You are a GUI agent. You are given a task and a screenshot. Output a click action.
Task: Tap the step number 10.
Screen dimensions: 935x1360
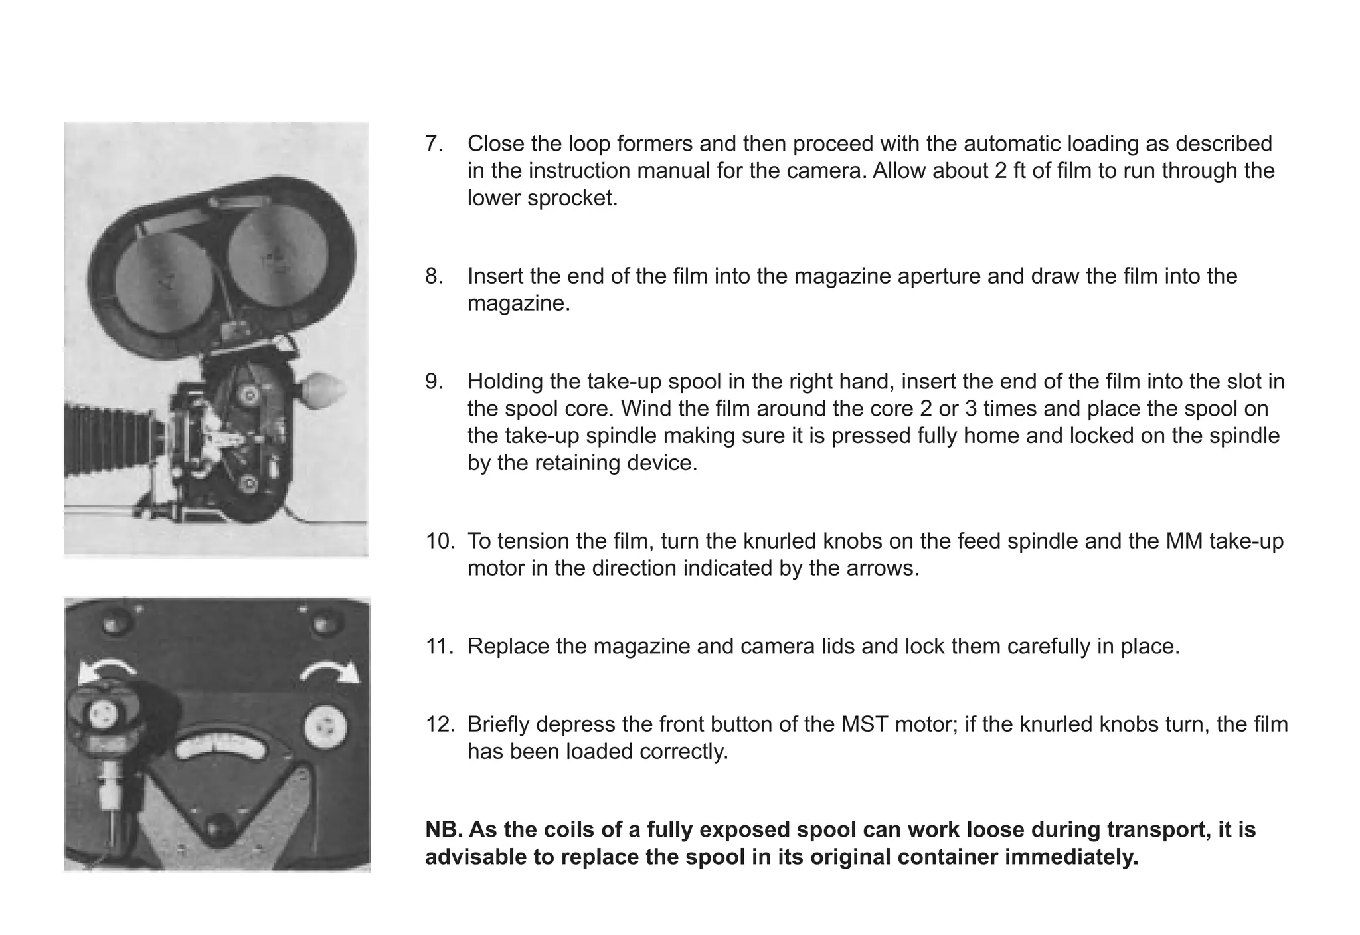coord(439,541)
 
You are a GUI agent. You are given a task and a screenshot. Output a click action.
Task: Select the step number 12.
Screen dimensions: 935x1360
coord(439,724)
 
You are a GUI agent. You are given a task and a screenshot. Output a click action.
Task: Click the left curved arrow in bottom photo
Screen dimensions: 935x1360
coord(106,672)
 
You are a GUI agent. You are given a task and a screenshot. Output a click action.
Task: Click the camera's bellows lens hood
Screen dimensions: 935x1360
coord(89,438)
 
